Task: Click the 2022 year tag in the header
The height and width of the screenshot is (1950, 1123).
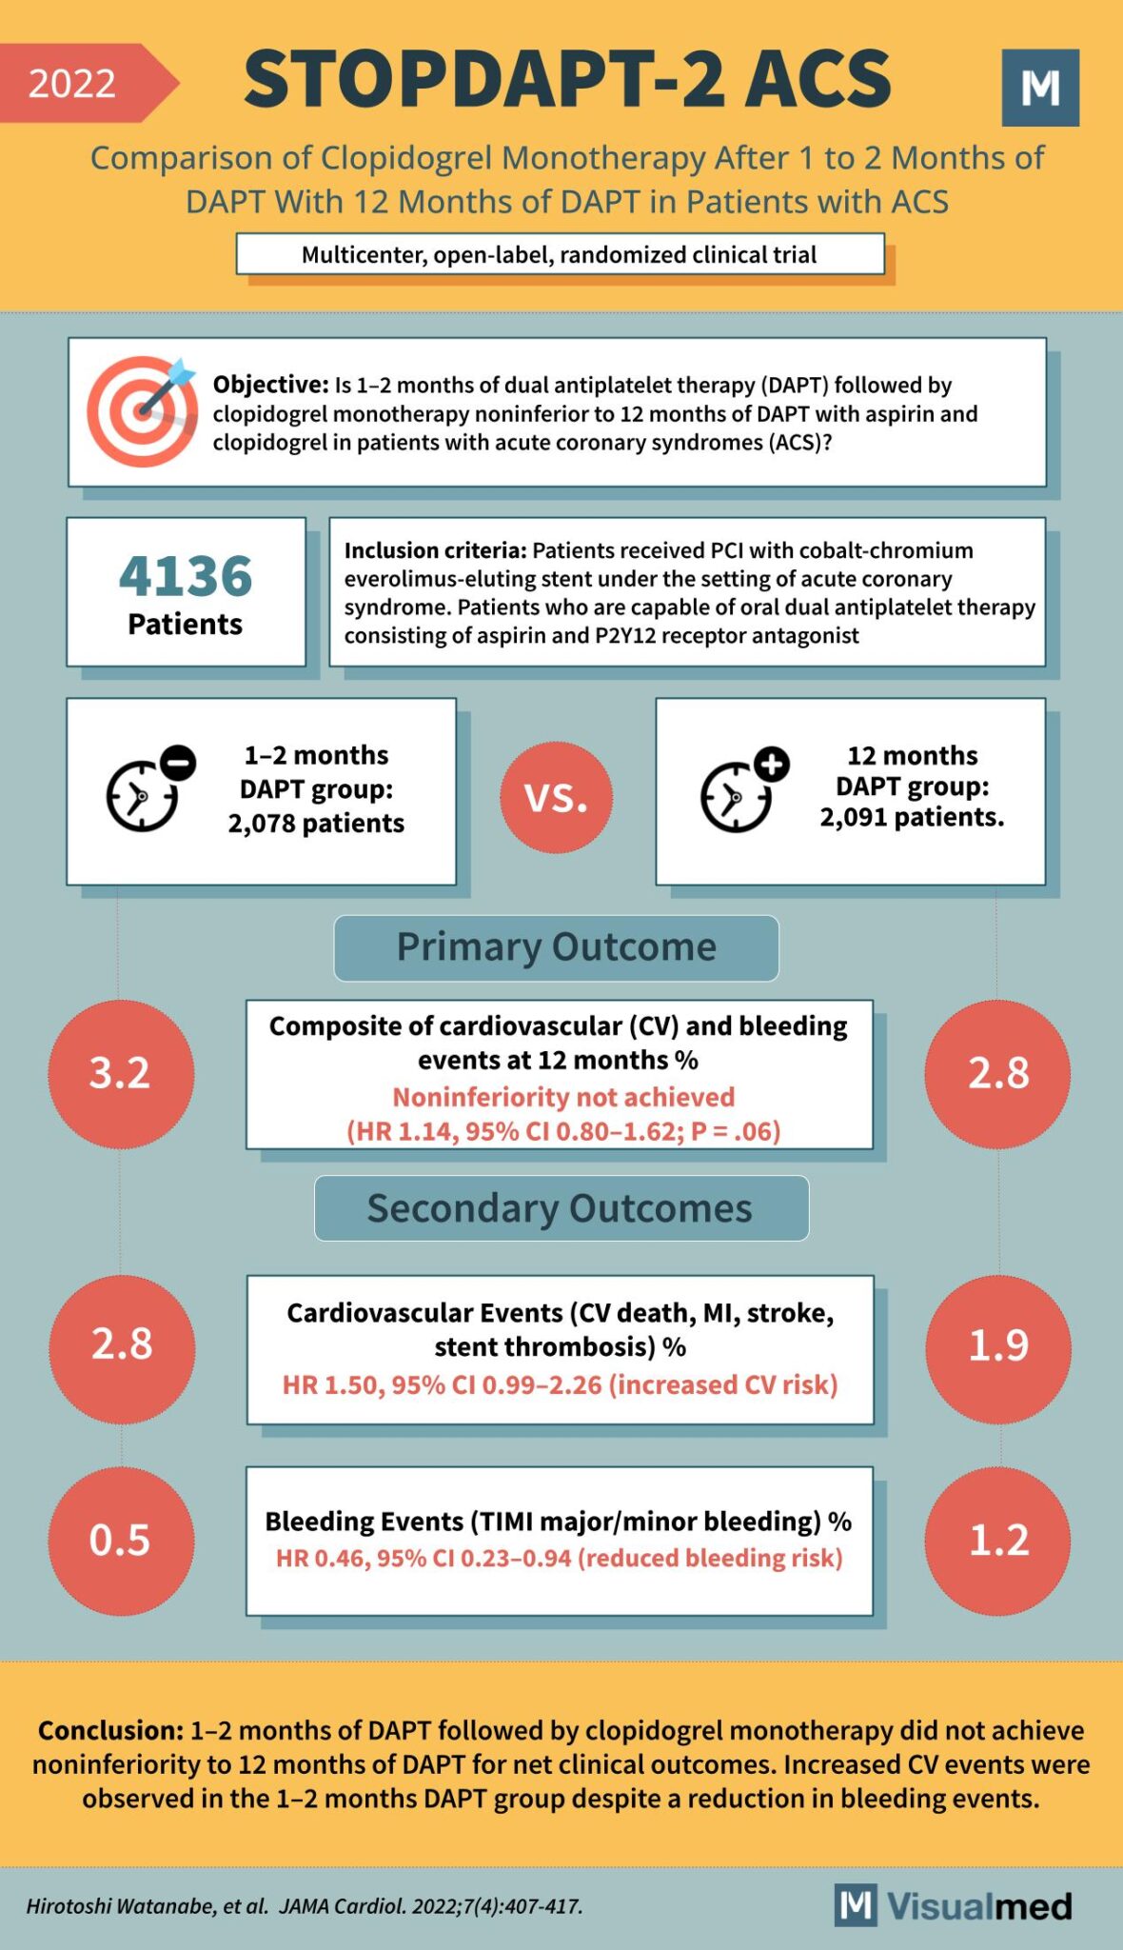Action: pos(74,84)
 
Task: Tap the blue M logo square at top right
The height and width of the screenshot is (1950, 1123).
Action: pos(1040,88)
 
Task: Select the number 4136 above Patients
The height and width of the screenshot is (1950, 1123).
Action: pos(186,576)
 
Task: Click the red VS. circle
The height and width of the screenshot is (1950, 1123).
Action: pos(556,797)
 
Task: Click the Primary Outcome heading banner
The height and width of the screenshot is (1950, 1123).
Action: pos(556,947)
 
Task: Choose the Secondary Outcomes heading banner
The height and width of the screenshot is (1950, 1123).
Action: pos(561,1208)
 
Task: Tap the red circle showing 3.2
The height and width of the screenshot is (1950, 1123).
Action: pos(121,1073)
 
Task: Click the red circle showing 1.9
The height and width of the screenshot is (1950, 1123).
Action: pos(997,1345)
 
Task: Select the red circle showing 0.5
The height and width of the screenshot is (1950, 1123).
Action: pos(121,1540)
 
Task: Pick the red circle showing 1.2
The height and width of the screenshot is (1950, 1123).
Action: pos(997,1540)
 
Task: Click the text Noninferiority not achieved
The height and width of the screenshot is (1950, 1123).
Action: pos(563,1097)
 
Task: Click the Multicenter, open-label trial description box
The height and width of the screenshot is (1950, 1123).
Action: pos(560,254)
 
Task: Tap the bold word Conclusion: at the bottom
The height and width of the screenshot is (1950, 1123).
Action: pos(109,1730)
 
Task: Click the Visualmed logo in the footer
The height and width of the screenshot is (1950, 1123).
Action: pos(954,1906)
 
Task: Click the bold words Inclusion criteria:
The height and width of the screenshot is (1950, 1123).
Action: pos(434,550)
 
